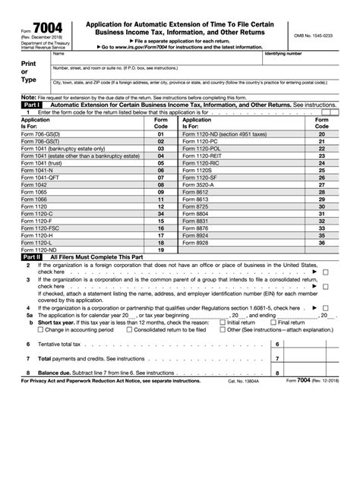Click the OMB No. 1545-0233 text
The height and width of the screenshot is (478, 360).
pos(313,36)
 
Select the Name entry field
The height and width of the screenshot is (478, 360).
pos(156,58)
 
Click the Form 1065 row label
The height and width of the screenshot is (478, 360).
pos(36,193)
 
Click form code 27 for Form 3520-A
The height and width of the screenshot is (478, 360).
pos(321,186)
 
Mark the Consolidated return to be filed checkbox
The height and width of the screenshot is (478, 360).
pos(129,330)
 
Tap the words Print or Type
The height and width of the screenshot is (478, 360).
pos(29,72)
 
